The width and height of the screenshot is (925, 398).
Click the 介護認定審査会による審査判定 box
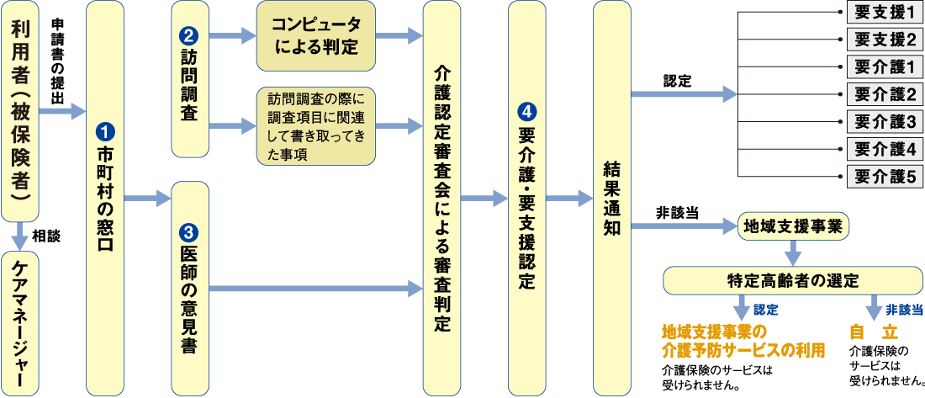(x=442, y=197)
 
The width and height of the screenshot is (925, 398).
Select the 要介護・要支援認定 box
(x=526, y=197)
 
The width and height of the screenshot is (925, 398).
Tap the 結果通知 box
(x=611, y=197)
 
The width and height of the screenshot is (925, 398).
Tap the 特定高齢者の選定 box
(x=792, y=280)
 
